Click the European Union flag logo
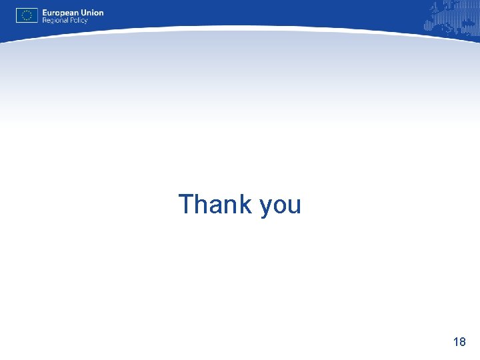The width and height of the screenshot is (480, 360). (27, 15)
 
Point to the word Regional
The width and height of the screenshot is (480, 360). (55, 21)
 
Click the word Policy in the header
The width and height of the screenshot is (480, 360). (79, 21)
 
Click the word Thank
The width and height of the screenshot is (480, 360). (215, 204)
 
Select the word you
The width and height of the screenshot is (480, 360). (281, 205)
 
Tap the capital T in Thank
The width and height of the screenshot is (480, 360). (186, 204)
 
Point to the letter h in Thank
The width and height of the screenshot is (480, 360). (202, 204)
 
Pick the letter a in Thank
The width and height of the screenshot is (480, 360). (217, 205)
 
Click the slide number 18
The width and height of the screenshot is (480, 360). (459, 342)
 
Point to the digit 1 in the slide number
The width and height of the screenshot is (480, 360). (455, 342)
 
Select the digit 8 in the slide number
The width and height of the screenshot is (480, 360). (463, 342)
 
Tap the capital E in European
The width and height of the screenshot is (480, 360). (45, 13)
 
